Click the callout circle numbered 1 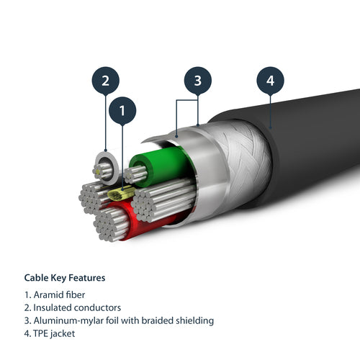122,111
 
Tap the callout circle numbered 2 105,81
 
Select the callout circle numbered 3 197,81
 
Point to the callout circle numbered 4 271,81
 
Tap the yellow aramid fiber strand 120,194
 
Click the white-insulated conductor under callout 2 104,167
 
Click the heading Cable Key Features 65,277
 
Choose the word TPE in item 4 42,333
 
